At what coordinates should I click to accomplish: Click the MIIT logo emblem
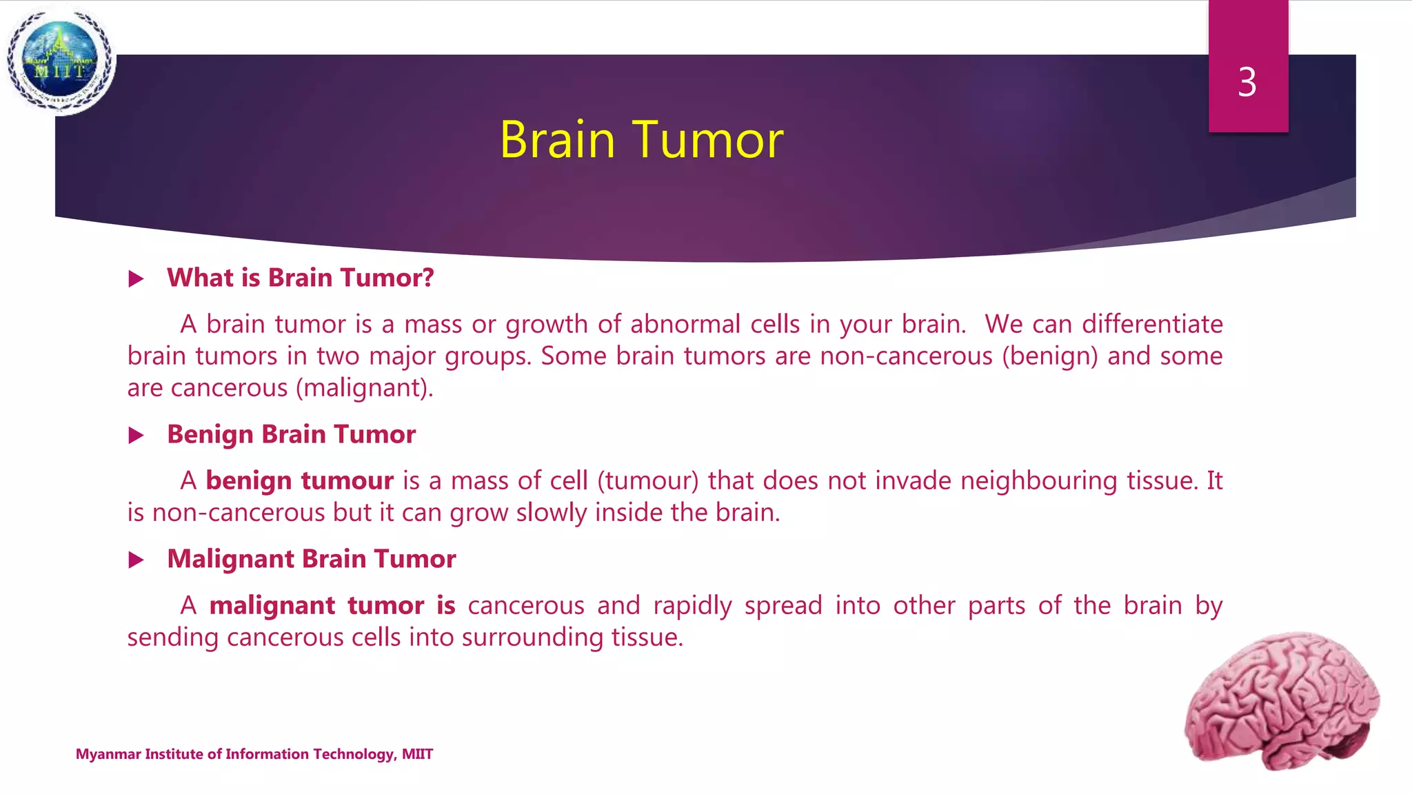click(61, 61)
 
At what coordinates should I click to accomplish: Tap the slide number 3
click(1247, 83)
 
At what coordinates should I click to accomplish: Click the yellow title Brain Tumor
click(641, 140)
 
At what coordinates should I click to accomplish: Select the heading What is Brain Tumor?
click(300, 278)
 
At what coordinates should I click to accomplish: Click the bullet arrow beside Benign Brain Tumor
click(137, 436)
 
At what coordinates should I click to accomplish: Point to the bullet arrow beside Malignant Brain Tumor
click(137, 560)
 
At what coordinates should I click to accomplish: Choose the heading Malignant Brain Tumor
click(311, 559)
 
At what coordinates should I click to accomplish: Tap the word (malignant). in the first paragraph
click(365, 388)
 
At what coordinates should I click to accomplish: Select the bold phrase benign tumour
click(299, 480)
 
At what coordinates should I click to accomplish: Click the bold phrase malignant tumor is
click(332, 605)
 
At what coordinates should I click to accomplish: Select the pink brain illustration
click(1282, 700)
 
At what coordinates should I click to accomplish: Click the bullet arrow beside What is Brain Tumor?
click(137, 279)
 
